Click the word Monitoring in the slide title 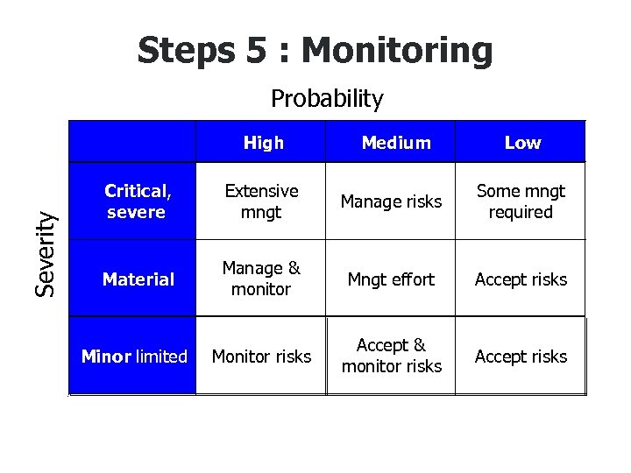click(397, 51)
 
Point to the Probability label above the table click(327, 99)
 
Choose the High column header click(263, 143)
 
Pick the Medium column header click(396, 143)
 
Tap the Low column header click(522, 143)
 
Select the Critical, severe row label click(136, 201)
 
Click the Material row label click(138, 279)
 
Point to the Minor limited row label click(134, 357)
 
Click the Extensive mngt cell click(261, 201)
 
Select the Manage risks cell click(391, 202)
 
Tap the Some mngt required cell click(521, 201)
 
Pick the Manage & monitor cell click(261, 279)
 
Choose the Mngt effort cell click(391, 279)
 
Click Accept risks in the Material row click(521, 279)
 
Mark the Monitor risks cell click(261, 357)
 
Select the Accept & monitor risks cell click(391, 356)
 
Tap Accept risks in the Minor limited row click(521, 357)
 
